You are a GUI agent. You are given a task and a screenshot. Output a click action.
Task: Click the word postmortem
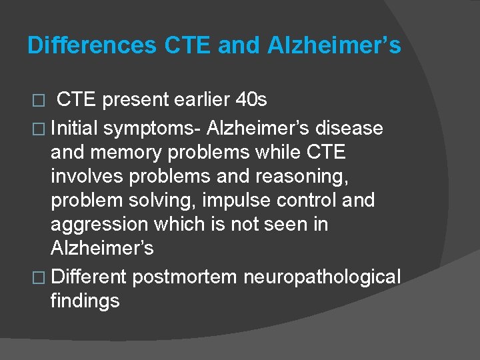tap(184, 275)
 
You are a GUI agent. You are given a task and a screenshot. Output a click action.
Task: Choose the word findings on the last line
tap(85, 300)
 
